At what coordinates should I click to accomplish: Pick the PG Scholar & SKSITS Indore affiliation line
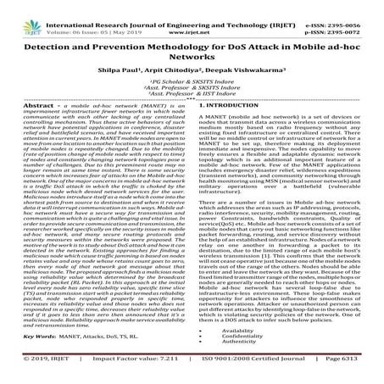tap(191, 86)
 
